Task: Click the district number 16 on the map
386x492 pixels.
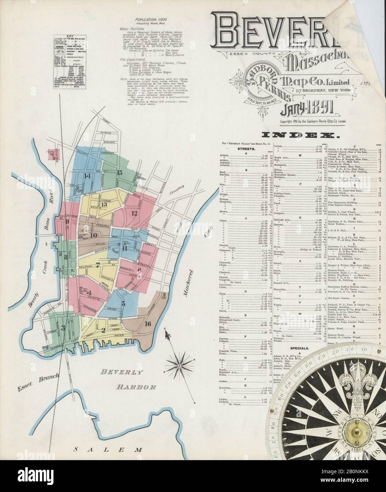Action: pyautogui.click(x=148, y=323)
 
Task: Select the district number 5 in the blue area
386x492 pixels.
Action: pyautogui.click(x=123, y=303)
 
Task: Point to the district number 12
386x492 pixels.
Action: pyautogui.click(x=134, y=213)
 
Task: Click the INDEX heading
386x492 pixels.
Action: pyautogui.click(x=299, y=135)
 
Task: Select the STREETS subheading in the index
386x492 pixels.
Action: pyautogui.click(x=245, y=150)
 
